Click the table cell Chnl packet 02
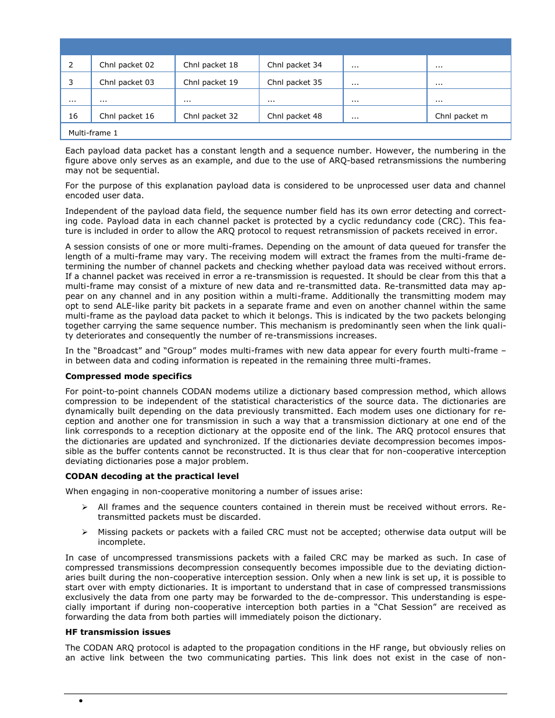click(127, 65)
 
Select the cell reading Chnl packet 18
click(211, 65)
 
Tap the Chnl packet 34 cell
click(294, 65)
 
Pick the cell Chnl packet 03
click(127, 83)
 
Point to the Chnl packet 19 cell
click(211, 83)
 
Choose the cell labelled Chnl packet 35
click(294, 83)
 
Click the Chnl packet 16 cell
click(127, 116)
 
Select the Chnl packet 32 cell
click(211, 116)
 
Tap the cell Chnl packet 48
click(294, 116)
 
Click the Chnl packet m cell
click(461, 116)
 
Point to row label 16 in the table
click(73, 116)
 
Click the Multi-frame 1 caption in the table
click(93, 133)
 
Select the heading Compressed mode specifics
click(129, 376)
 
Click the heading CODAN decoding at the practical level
click(152, 476)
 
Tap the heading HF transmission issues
click(118, 632)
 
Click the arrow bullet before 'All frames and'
click(85, 508)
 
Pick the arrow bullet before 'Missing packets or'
click(85, 532)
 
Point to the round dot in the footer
click(81, 701)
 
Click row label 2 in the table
click(71, 65)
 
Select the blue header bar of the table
click(285, 47)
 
